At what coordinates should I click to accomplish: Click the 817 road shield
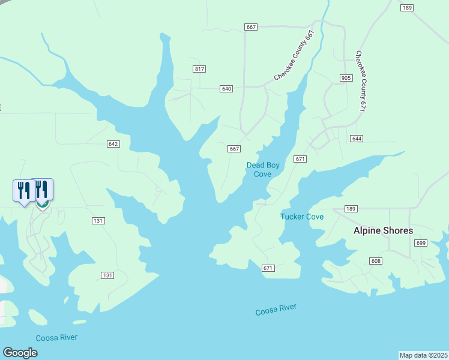coord(199,69)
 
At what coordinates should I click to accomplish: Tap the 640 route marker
coord(226,89)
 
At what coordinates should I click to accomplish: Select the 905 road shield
coord(346,78)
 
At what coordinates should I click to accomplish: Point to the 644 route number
coord(357,139)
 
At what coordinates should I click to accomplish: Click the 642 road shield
coord(113,144)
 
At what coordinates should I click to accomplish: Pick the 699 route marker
coord(420,242)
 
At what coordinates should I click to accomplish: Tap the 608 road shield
coord(376,261)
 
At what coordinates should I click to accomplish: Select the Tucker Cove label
coord(302,217)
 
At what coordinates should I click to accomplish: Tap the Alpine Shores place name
coord(383,230)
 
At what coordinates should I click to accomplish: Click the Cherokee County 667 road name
coord(294,55)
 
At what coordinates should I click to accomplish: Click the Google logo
coord(20,353)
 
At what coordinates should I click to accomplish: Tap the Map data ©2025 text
coord(423,355)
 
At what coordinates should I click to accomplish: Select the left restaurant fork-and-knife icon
coord(23,190)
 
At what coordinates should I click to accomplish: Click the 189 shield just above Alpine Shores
coord(352,208)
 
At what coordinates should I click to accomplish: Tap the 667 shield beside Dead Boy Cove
coord(234,149)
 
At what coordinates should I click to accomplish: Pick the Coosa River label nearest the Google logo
coord(56,338)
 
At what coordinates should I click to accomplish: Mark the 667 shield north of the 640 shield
coord(251,27)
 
